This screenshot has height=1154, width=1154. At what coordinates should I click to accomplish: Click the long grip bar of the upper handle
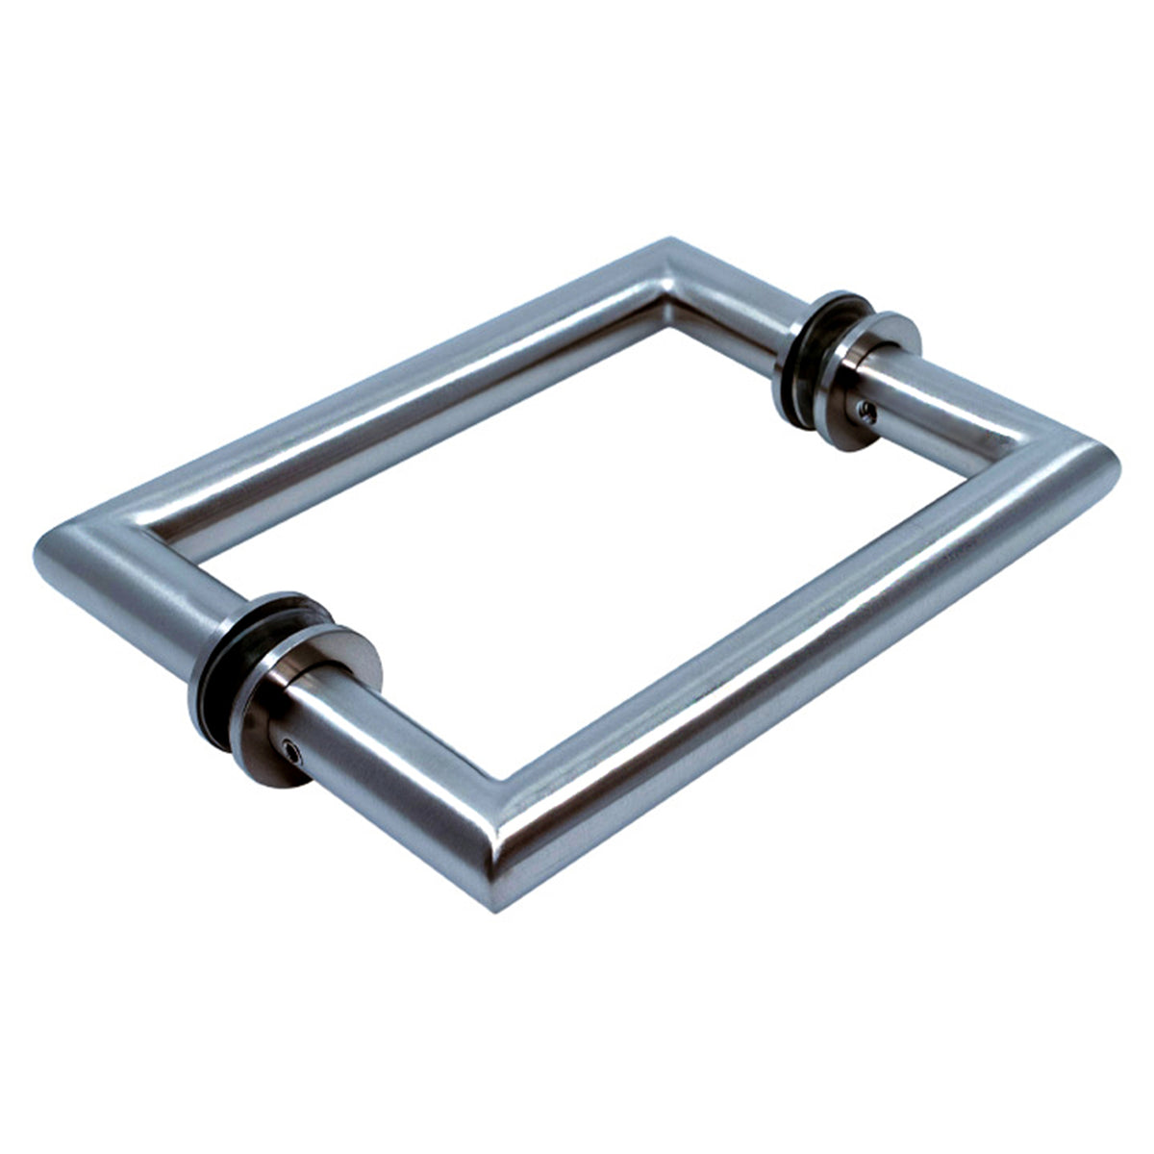(385, 404)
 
